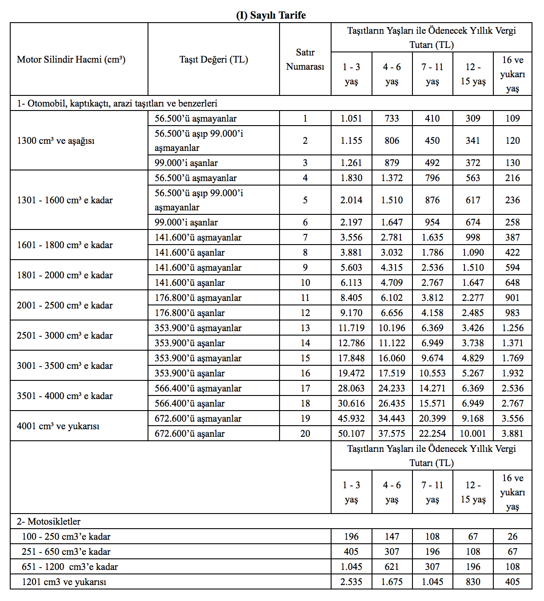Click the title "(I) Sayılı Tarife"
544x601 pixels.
[x=271, y=15]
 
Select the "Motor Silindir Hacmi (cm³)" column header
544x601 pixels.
[x=71, y=59]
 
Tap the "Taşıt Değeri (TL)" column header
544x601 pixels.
[x=213, y=59]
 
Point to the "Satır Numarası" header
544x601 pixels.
[x=305, y=59]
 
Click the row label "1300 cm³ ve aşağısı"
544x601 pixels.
[x=56, y=141]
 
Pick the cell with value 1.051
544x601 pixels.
[x=351, y=119]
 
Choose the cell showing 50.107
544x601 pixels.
[x=351, y=434]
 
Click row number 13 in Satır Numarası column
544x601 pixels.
[x=305, y=328]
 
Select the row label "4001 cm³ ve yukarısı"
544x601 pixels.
[x=58, y=426]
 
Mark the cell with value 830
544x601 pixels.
[x=473, y=582]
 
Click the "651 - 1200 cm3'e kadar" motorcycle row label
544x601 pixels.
[x=70, y=567]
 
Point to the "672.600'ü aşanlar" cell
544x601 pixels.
[x=189, y=434]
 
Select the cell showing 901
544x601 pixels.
[x=512, y=298]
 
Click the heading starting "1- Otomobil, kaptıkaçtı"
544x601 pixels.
[x=117, y=103]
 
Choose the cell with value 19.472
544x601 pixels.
[x=351, y=373]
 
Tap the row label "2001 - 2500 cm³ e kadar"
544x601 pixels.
[x=65, y=305]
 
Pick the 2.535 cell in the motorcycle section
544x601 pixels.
[x=351, y=582]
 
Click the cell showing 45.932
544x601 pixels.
[x=351, y=419]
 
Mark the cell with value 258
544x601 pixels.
[x=512, y=222]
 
